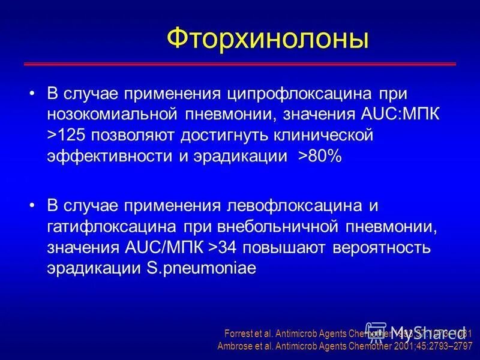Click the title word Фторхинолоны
(267, 39)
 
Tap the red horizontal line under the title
(240, 64)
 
